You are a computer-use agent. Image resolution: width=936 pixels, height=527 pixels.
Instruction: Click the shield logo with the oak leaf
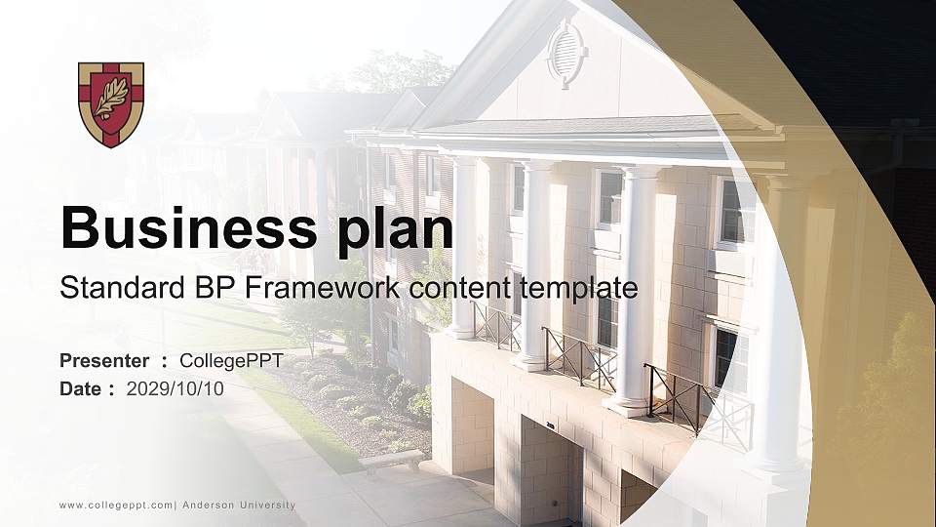click(111, 103)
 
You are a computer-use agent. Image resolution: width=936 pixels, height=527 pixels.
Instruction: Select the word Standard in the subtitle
click(114, 288)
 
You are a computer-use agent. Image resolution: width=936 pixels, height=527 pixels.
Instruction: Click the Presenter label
click(104, 361)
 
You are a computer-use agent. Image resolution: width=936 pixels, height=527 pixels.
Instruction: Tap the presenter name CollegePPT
click(232, 361)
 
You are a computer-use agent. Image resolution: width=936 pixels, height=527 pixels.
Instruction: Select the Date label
click(80, 388)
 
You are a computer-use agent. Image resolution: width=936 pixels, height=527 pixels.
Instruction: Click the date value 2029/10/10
click(175, 388)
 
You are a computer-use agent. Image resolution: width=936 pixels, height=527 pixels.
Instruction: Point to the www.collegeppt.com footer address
click(116, 506)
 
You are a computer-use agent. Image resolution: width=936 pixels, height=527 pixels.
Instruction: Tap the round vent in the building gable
click(566, 53)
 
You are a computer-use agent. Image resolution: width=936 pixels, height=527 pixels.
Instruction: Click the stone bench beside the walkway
click(390, 459)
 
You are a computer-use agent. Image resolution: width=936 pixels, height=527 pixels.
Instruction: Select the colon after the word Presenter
click(165, 362)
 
